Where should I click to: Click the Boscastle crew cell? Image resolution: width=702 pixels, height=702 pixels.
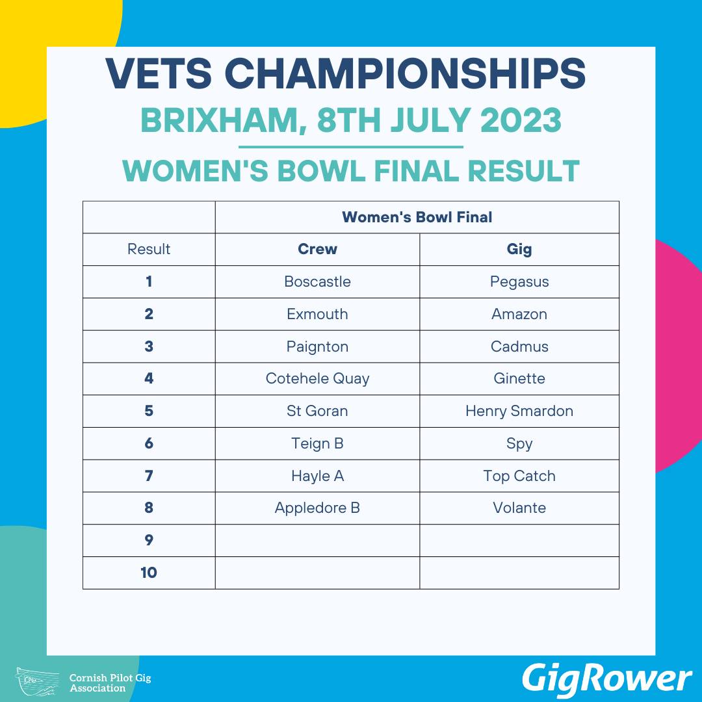[317, 281]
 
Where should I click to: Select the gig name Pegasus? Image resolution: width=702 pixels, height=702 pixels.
[519, 282]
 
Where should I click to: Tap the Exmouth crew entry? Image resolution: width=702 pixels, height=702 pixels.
[317, 314]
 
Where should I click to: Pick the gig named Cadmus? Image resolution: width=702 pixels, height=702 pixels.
[519, 346]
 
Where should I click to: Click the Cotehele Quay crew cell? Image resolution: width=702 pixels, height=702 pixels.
[317, 379]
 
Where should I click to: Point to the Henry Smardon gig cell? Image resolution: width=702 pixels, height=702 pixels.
[519, 411]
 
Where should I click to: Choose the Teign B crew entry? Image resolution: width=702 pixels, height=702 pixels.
[317, 444]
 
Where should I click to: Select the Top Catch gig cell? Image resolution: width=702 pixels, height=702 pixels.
[519, 476]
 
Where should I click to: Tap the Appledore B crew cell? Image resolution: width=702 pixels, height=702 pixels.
[317, 508]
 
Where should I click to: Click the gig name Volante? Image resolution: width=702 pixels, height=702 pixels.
[519, 508]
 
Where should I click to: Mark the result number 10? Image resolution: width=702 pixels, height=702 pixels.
[149, 573]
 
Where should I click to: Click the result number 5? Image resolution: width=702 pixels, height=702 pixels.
[149, 411]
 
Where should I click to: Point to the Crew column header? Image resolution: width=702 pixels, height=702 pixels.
[317, 249]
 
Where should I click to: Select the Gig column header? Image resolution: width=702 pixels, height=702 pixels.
[519, 250]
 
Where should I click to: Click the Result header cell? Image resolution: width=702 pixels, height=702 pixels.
[149, 249]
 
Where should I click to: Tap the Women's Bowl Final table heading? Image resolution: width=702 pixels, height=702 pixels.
[417, 217]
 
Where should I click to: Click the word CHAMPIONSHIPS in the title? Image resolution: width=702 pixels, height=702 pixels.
[405, 73]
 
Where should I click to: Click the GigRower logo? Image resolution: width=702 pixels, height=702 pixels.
[606, 679]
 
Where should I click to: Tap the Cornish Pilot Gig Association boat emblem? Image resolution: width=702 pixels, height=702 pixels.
[38, 681]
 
